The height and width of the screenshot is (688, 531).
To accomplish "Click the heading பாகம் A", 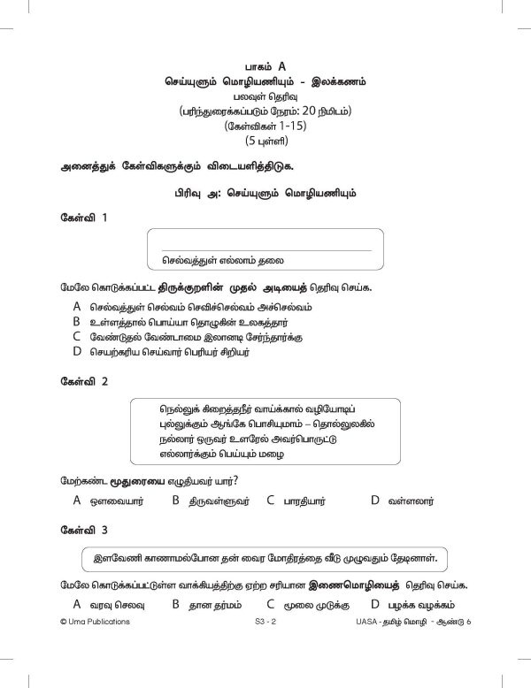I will pos(265,65).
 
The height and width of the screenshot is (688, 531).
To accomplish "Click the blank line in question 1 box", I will pos(265,249).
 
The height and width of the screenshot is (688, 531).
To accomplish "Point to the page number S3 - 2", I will pos(265,623).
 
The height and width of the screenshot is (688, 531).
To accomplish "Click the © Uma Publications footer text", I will pos(91,623).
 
